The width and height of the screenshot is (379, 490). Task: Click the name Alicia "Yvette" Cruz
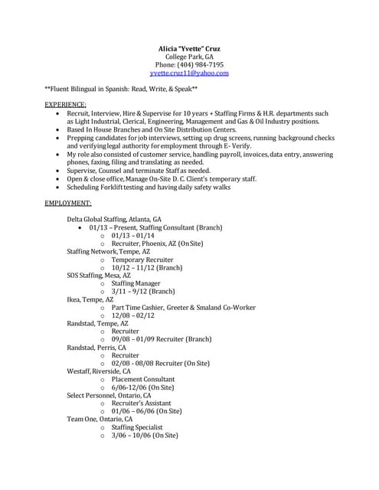pyautogui.click(x=189, y=49)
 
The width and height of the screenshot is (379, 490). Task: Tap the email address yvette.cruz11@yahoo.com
pyautogui.click(x=189, y=73)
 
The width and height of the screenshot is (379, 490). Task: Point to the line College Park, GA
pyautogui.click(x=189, y=57)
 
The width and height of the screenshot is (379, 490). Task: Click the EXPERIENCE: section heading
pyautogui.click(x=65, y=103)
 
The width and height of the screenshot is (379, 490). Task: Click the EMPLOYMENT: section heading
pyautogui.click(x=68, y=203)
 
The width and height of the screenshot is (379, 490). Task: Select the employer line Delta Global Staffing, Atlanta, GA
pyautogui.click(x=114, y=219)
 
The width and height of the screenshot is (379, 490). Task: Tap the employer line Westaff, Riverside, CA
pyautogui.click(x=99, y=371)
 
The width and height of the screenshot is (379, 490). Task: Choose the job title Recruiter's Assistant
pyautogui.click(x=142, y=403)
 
